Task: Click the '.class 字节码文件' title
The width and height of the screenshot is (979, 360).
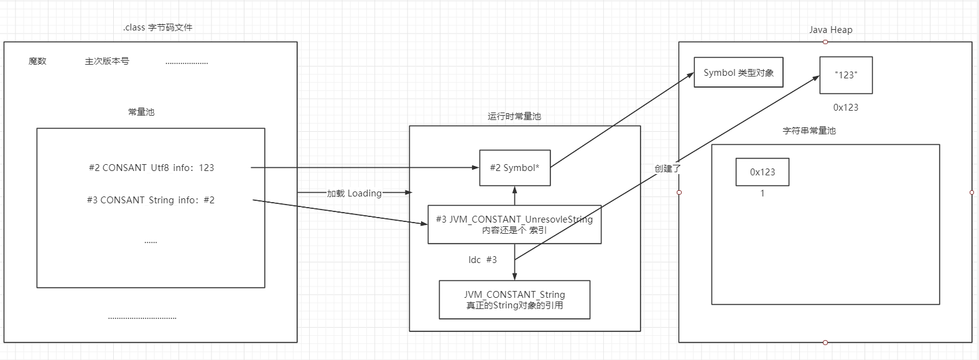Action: pyautogui.click(x=157, y=27)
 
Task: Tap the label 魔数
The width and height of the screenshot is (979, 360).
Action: pyautogui.click(x=37, y=61)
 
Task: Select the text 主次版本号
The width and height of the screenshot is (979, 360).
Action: pyautogui.click(x=107, y=61)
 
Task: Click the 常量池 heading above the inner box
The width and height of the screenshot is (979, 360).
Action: pyautogui.click(x=141, y=112)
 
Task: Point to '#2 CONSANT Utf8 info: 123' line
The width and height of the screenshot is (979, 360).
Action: pyautogui.click(x=151, y=167)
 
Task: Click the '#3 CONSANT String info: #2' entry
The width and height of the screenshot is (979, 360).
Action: pyautogui.click(x=151, y=200)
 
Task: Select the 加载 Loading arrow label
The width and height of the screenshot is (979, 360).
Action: pyautogui.click(x=355, y=193)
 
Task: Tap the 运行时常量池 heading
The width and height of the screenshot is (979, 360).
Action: pyautogui.click(x=514, y=116)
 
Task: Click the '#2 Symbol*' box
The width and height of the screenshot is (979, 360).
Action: pyautogui.click(x=514, y=167)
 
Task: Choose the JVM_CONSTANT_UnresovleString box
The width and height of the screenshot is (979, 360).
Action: pyautogui.click(x=514, y=224)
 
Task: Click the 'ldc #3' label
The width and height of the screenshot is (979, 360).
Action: pyautogui.click(x=483, y=259)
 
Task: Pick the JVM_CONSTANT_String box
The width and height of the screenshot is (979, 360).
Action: pyautogui.click(x=514, y=300)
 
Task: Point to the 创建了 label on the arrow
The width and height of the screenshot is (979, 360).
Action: pyautogui.click(x=667, y=168)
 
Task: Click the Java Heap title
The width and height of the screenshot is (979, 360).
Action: pyautogui.click(x=830, y=30)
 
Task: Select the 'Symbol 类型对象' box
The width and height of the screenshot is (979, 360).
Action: pyautogui.click(x=738, y=73)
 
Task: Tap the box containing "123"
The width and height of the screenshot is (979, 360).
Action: pyautogui.click(x=846, y=75)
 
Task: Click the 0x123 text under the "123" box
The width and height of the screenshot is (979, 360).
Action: pyautogui.click(x=846, y=107)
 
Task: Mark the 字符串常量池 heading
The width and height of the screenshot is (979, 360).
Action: pyautogui.click(x=809, y=131)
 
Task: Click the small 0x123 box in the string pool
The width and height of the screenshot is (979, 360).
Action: pyautogui.click(x=762, y=172)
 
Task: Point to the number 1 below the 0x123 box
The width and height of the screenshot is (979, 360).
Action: pyautogui.click(x=763, y=193)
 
